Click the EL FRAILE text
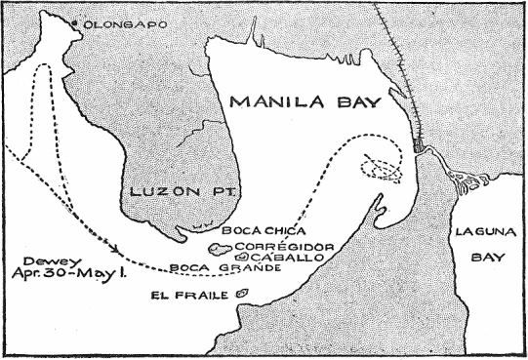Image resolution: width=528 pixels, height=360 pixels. pyautogui.click(x=189, y=294)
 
